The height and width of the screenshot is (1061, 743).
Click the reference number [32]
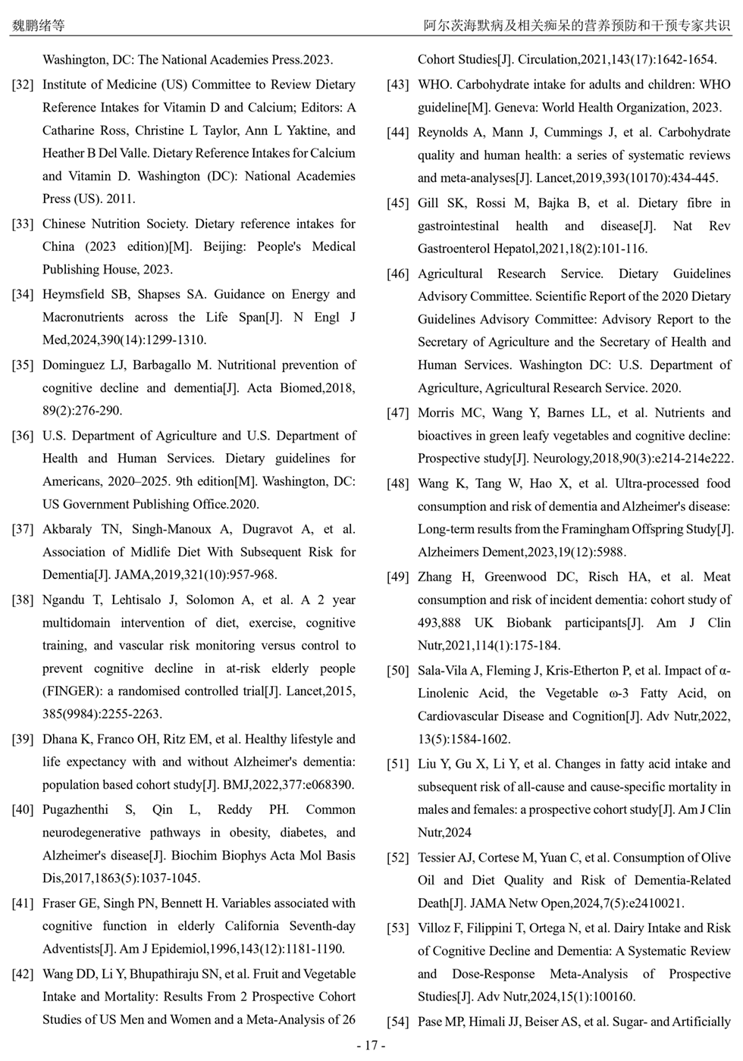pos(23,85)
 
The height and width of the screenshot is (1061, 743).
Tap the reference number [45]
pos(398,203)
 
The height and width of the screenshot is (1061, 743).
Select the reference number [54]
pos(398,1022)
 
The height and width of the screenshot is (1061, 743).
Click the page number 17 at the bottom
pos(371,1046)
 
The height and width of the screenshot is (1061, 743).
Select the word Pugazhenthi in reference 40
pos(75,809)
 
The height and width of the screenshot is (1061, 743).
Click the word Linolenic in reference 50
pos(444,693)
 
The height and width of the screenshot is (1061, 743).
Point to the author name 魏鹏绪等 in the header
pos(38,25)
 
